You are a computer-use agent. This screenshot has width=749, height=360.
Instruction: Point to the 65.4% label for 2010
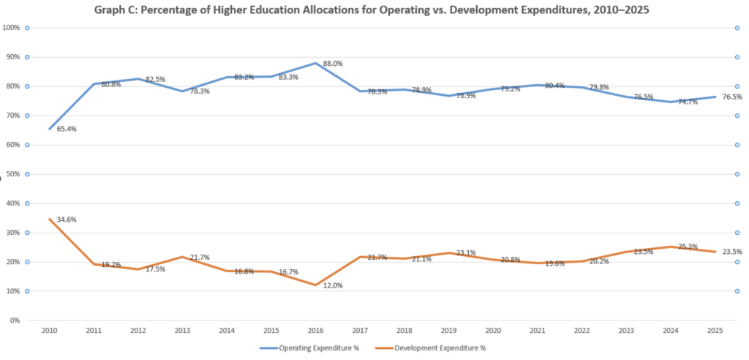(67, 129)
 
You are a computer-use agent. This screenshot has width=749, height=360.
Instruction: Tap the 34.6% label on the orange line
(67, 220)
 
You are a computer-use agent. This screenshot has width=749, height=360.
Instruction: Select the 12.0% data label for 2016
(334, 285)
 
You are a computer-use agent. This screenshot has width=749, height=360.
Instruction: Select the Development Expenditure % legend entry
(437, 348)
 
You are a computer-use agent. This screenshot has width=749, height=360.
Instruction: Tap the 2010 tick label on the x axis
(49, 331)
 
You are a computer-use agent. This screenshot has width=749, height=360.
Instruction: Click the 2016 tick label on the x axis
(315, 331)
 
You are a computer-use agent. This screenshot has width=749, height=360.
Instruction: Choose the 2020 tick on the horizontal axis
(493, 331)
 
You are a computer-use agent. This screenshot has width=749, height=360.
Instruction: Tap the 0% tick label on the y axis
(14, 320)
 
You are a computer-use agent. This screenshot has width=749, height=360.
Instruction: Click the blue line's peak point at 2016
(315, 63)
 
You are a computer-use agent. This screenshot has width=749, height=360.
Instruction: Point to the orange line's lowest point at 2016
(315, 285)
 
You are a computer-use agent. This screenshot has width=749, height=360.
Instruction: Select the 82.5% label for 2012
(156, 79)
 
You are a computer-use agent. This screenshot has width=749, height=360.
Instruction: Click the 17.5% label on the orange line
(156, 269)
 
